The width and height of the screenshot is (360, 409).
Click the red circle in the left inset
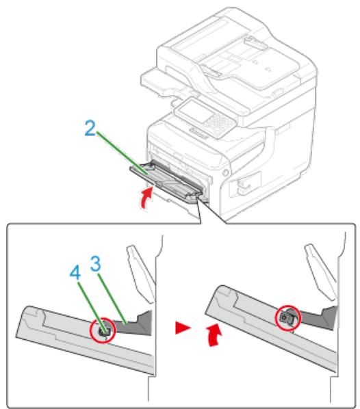(x=104, y=330)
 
